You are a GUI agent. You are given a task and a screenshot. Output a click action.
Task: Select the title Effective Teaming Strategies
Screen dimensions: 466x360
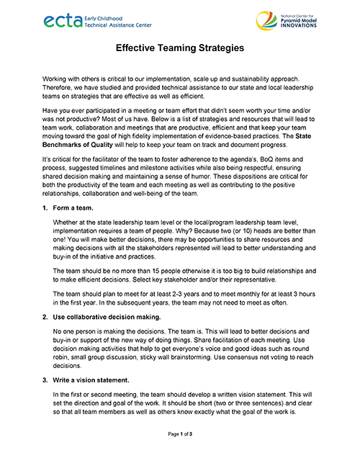pyautogui.click(x=180, y=49)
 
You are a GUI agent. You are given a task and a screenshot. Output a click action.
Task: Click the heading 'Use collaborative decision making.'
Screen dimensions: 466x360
pyautogui.click(x=110, y=317)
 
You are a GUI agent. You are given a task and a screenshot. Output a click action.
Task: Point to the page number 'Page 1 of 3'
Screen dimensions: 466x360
pyautogui.click(x=180, y=455)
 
